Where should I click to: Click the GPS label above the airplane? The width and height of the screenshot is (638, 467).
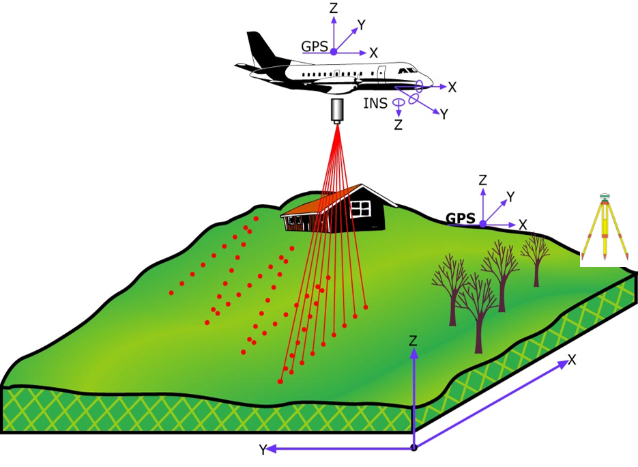tap(315, 46)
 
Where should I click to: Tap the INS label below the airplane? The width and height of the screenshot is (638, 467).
tap(375, 104)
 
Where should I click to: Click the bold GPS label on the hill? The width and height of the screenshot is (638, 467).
tap(461, 218)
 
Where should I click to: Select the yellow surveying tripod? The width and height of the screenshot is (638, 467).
tap(604, 229)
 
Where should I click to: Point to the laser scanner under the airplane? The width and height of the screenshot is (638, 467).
tap(337, 111)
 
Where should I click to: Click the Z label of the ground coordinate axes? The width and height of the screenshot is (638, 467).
tap(413, 341)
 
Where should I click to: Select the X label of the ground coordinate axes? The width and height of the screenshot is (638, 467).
tap(572, 360)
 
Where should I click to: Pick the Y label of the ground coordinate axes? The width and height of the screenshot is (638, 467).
tap(263, 450)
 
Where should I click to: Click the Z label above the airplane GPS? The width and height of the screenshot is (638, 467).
tap(334, 8)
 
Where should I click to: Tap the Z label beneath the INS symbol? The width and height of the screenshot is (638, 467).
tap(398, 125)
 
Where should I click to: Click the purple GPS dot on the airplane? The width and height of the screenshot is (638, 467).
tap(334, 52)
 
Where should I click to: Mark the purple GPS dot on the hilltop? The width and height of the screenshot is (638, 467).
tap(483, 223)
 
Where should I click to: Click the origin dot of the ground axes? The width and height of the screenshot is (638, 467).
tap(414, 448)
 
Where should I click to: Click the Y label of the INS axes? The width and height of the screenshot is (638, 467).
tap(444, 114)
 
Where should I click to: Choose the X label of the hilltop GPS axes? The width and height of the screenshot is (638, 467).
tap(523, 225)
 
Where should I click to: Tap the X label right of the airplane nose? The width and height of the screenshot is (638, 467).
tap(452, 87)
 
